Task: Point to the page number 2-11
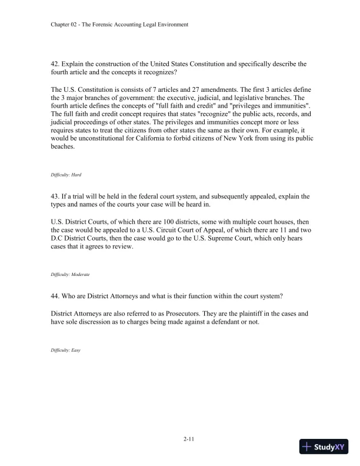(179, 437)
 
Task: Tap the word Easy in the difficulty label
(74, 350)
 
